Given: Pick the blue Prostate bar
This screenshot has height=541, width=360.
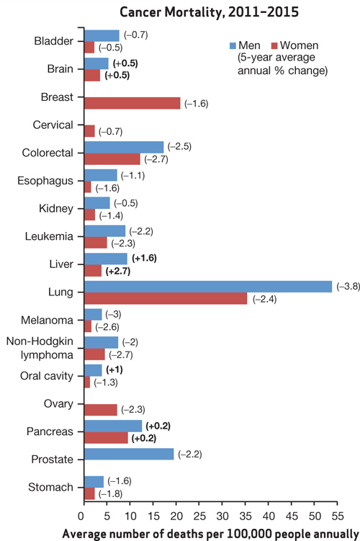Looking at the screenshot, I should (x=129, y=454).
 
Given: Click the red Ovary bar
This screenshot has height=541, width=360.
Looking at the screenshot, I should (x=100, y=410).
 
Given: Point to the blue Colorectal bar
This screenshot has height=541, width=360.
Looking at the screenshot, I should (x=124, y=147).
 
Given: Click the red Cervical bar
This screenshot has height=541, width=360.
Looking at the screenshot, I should (x=89, y=131).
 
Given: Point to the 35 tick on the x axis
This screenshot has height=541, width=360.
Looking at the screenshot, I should (x=247, y=516).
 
